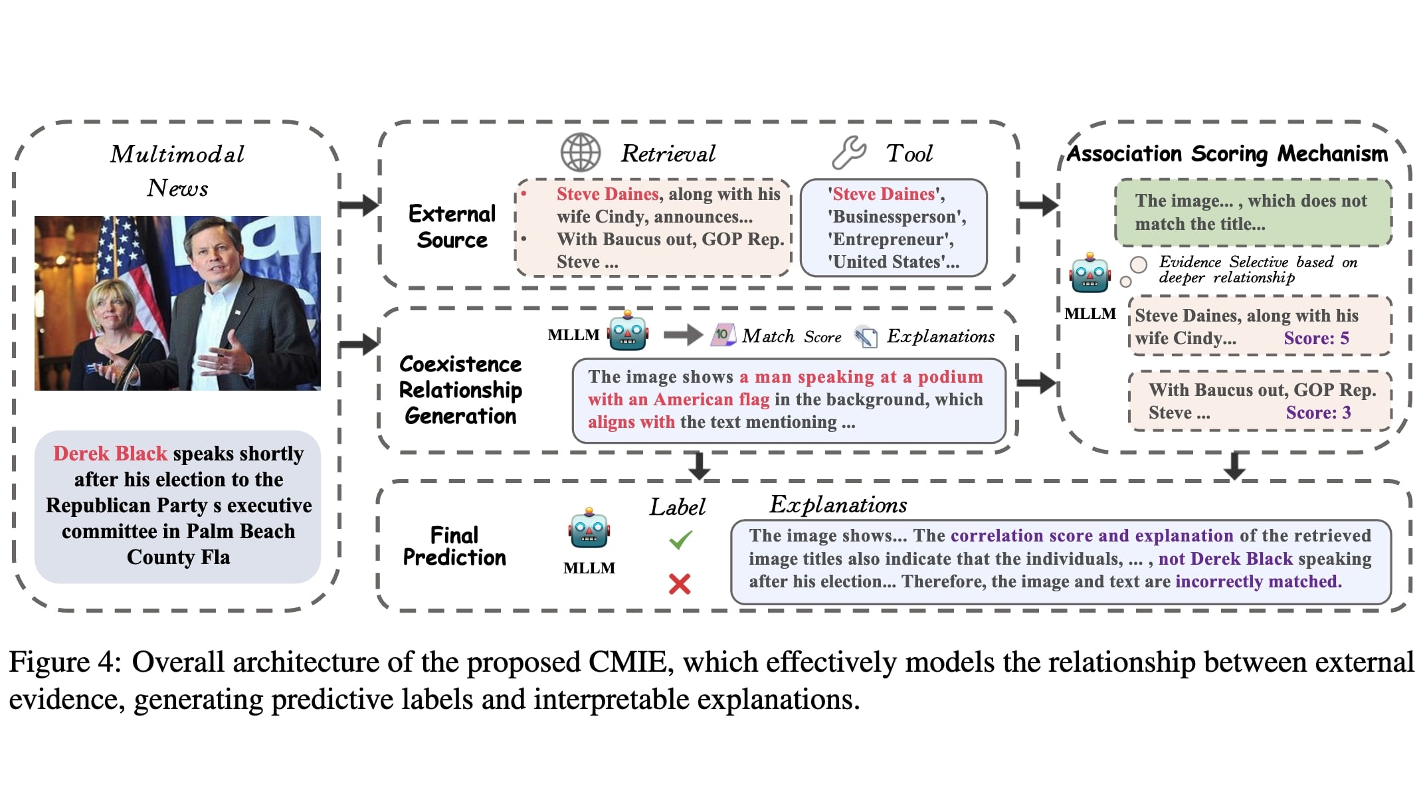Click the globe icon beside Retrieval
pos(580,153)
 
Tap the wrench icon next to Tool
pos(849,152)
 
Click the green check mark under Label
pos(680,540)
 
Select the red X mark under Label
pos(680,584)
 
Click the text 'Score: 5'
pos(1316,338)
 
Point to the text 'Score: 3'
pos(1318,413)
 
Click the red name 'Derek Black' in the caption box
pos(110,453)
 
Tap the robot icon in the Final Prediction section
pos(589,528)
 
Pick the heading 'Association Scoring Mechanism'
pos(1227,153)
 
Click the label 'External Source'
pos(452,227)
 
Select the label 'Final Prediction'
pos(454,546)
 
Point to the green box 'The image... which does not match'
pos(1253,212)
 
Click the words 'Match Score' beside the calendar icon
pos(791,336)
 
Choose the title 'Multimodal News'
pos(177,171)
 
